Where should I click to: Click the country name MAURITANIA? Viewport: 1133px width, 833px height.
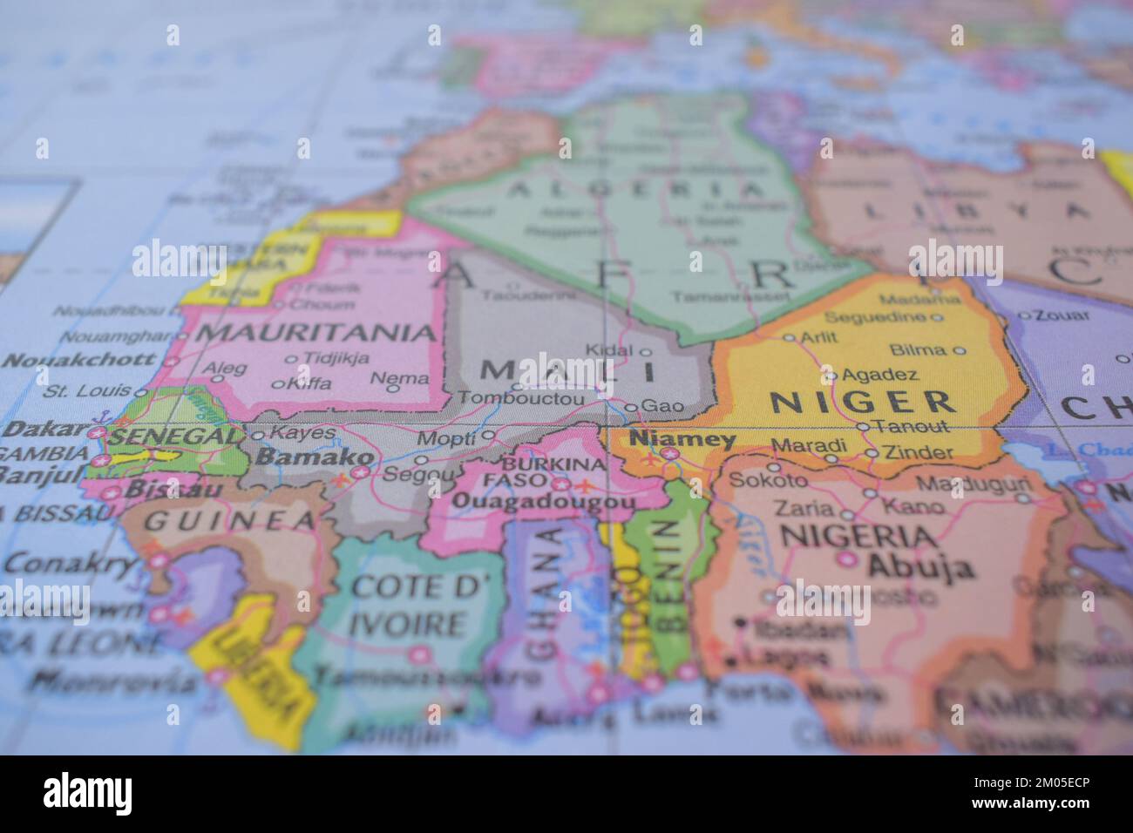pos(316,332)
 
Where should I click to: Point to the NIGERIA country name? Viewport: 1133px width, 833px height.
pos(858,535)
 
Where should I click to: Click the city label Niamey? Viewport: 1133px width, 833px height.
pos(683,439)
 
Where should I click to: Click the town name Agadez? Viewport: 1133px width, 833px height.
pos(879,375)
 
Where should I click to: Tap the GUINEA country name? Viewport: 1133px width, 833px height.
pos(229,521)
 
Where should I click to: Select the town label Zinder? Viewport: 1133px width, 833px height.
pos(919,453)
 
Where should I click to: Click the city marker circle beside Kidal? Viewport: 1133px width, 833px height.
pos(646,352)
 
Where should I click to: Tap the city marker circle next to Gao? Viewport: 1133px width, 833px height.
pos(631,406)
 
